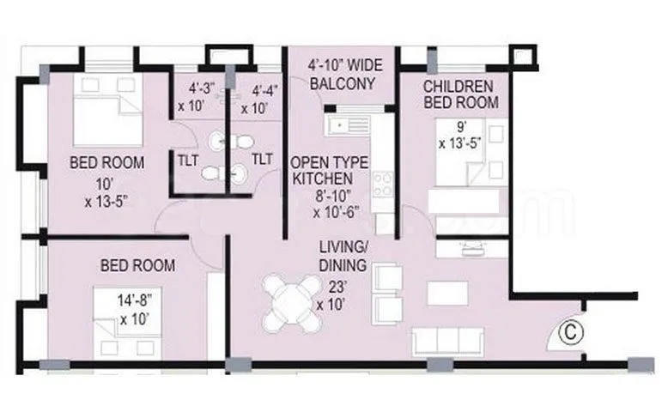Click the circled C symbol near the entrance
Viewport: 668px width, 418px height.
(567, 332)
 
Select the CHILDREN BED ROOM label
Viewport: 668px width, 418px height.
(458, 94)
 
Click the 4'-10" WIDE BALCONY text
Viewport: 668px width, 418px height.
(341, 76)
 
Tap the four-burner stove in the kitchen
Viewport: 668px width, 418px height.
(382, 184)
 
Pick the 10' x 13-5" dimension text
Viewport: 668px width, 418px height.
(106, 194)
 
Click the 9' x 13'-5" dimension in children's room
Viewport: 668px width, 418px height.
(457, 136)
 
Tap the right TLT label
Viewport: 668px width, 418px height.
(261, 159)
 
